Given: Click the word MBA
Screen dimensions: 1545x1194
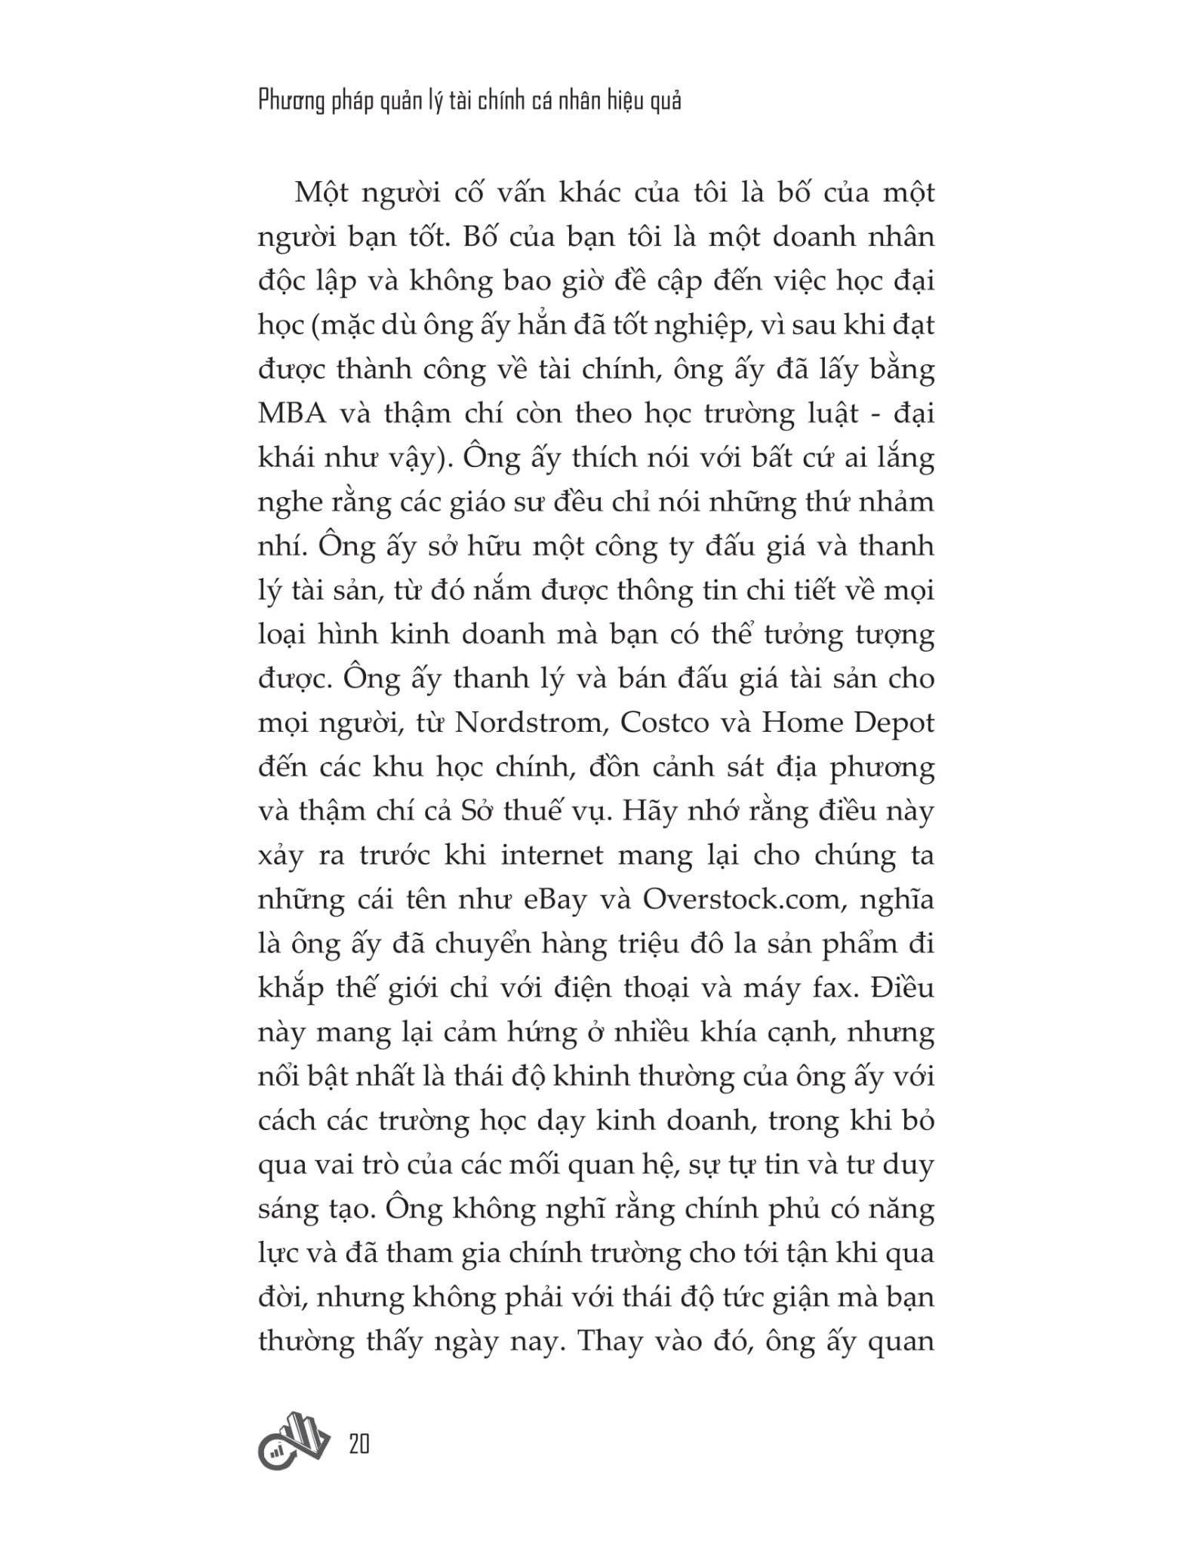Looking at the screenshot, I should point(297,414).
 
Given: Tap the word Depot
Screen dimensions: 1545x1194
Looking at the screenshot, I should point(894,723).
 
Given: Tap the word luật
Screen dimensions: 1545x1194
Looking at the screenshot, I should point(834,414).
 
